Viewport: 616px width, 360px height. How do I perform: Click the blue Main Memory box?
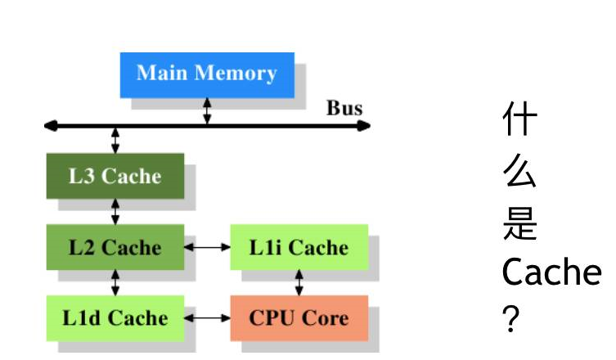pyautogui.click(x=206, y=74)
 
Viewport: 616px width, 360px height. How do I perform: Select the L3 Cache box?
pyautogui.click(x=115, y=176)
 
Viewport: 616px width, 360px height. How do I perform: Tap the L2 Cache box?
pyautogui.click(x=115, y=247)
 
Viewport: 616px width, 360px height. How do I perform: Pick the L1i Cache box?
pyautogui.click(x=299, y=247)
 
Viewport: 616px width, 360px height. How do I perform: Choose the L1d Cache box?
pyautogui.click(x=115, y=317)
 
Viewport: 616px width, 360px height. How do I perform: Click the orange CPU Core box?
pyautogui.click(x=299, y=317)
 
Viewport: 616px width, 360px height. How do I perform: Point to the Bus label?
pyautogui.click(x=344, y=108)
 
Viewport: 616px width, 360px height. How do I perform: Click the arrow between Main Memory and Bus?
pyautogui.click(x=207, y=111)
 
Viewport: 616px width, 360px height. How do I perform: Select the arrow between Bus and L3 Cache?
pyautogui.click(x=115, y=140)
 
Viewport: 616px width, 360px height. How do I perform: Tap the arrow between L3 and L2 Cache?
pyautogui.click(x=115, y=212)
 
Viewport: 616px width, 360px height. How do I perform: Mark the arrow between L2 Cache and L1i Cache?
pyautogui.click(x=208, y=247)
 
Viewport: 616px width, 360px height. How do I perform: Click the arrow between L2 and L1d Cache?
pyautogui.click(x=115, y=282)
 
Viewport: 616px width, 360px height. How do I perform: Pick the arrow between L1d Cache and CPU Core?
pyautogui.click(x=208, y=317)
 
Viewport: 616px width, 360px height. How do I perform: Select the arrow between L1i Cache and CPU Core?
pyautogui.click(x=299, y=282)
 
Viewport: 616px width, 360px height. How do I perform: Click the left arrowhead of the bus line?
pyautogui.click(x=51, y=126)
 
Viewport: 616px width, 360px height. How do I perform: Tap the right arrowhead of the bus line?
pyautogui.click(x=364, y=126)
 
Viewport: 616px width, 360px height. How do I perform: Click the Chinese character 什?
pyautogui.click(x=520, y=120)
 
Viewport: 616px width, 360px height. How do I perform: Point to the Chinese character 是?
pyautogui.click(x=520, y=223)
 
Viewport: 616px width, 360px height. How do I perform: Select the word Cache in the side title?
pyautogui.click(x=551, y=272)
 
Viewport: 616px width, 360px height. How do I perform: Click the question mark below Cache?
pyautogui.click(x=511, y=319)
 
